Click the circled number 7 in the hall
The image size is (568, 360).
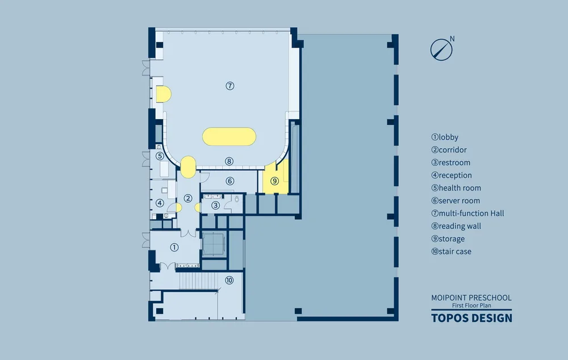pyautogui.click(x=230, y=86)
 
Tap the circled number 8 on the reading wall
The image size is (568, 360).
pyautogui.click(x=229, y=161)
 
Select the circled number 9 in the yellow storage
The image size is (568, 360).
pyautogui.click(x=274, y=181)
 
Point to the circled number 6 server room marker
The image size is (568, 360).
pyautogui.click(x=230, y=181)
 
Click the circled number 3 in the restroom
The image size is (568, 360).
pyautogui.click(x=215, y=206)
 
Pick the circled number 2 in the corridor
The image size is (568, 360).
pyautogui.click(x=187, y=198)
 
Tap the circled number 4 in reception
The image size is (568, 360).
pyautogui.click(x=160, y=203)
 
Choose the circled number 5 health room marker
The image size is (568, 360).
pyautogui.click(x=160, y=156)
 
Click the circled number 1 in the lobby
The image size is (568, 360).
pyautogui.click(x=174, y=248)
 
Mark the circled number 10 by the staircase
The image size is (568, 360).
pyautogui.click(x=229, y=280)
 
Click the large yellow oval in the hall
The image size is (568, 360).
pyautogui.click(x=229, y=136)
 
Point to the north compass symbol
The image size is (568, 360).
pyautogui.click(x=442, y=49)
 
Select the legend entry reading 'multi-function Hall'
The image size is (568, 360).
pyautogui.click(x=467, y=214)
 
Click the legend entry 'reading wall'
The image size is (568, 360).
pyautogui.click(x=456, y=226)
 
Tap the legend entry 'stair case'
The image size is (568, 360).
pyautogui.click(x=452, y=252)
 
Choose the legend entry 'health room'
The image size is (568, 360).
pyautogui.click(x=456, y=188)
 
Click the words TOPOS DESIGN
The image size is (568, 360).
pyautogui.click(x=471, y=318)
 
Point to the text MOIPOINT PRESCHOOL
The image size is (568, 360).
pyautogui.click(x=471, y=298)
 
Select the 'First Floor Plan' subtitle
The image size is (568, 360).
pyautogui.click(x=471, y=305)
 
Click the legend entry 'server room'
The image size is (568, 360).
pyautogui.click(x=456, y=200)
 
